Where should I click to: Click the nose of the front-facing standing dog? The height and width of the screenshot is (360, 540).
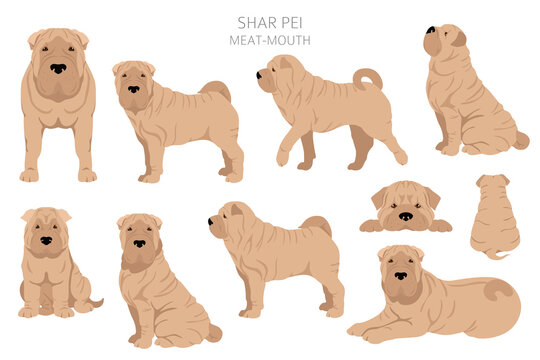59,68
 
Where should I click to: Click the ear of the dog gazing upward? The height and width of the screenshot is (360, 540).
457,39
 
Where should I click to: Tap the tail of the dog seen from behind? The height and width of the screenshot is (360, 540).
495,254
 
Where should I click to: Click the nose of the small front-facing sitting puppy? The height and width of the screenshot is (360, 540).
46,240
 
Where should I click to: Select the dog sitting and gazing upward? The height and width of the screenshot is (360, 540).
465,95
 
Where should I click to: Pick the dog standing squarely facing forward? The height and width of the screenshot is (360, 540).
58,105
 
